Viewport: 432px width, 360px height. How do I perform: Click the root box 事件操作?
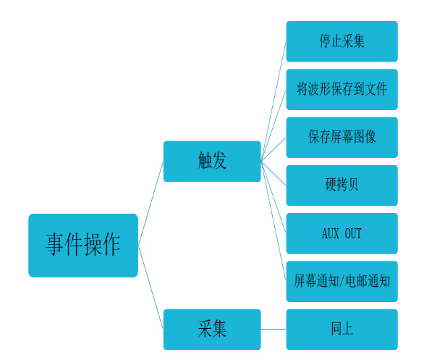coord(83,246)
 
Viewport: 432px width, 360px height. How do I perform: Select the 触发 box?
coord(212,162)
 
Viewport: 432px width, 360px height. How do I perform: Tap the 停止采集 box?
coord(342,41)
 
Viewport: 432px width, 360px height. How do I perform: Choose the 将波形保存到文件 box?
coord(342,89)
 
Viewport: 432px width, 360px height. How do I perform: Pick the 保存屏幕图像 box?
coord(342,138)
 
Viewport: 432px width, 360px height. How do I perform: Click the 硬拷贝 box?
coord(342,185)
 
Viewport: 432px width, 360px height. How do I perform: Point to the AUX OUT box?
coord(342,233)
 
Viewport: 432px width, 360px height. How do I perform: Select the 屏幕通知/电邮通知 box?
coord(342,281)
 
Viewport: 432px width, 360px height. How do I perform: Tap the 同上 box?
coord(342,330)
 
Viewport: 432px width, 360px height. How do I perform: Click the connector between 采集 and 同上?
coord(274,329)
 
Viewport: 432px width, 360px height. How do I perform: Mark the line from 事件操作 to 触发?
coord(151,204)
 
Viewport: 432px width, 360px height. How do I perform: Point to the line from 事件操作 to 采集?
coord(151,287)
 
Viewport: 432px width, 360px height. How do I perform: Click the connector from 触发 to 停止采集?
coord(274,101)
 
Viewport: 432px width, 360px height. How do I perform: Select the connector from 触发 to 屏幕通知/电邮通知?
coord(274,221)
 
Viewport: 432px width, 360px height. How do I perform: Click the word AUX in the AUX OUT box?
coord(331,233)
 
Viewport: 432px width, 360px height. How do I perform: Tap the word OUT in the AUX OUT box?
coord(353,233)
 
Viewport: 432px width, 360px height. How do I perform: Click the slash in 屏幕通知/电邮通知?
coord(342,281)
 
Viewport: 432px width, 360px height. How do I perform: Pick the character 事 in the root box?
coord(55,244)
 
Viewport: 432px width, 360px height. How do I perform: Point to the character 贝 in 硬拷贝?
coord(353,185)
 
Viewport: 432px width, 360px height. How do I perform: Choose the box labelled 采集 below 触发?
coord(212,330)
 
